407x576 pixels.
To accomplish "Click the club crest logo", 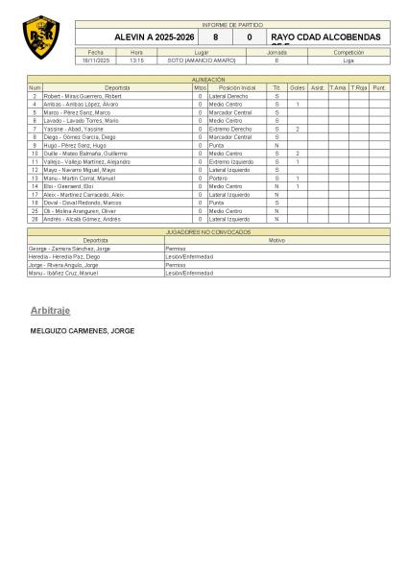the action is click(40, 37).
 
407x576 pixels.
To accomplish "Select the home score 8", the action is click(215, 36).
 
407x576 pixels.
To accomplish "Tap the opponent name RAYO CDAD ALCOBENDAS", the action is click(325, 37).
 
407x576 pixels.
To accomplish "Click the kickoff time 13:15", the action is click(136, 60).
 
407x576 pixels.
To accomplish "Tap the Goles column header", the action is click(298, 87).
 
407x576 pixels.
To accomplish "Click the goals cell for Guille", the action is click(298, 153).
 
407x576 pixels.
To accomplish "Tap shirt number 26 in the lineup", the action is click(35, 219).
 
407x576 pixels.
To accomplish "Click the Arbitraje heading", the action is click(54, 311).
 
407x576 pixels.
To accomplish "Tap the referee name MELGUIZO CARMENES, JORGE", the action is click(83, 331).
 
